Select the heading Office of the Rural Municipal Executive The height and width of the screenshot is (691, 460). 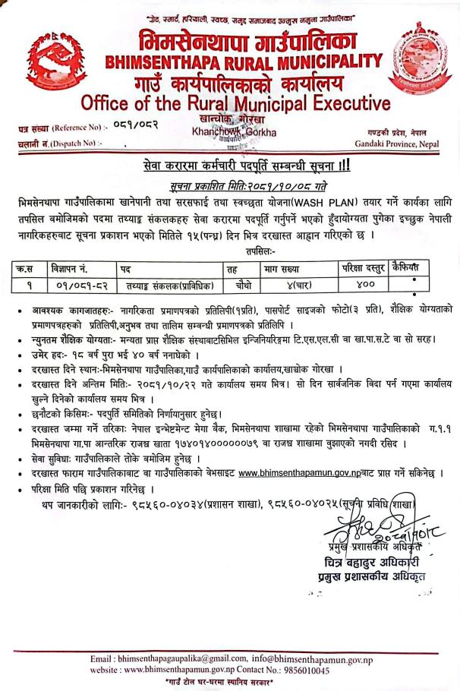pyautogui.click(x=236, y=102)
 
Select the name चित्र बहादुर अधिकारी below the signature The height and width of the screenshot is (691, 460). pyautogui.click(x=370, y=562)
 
